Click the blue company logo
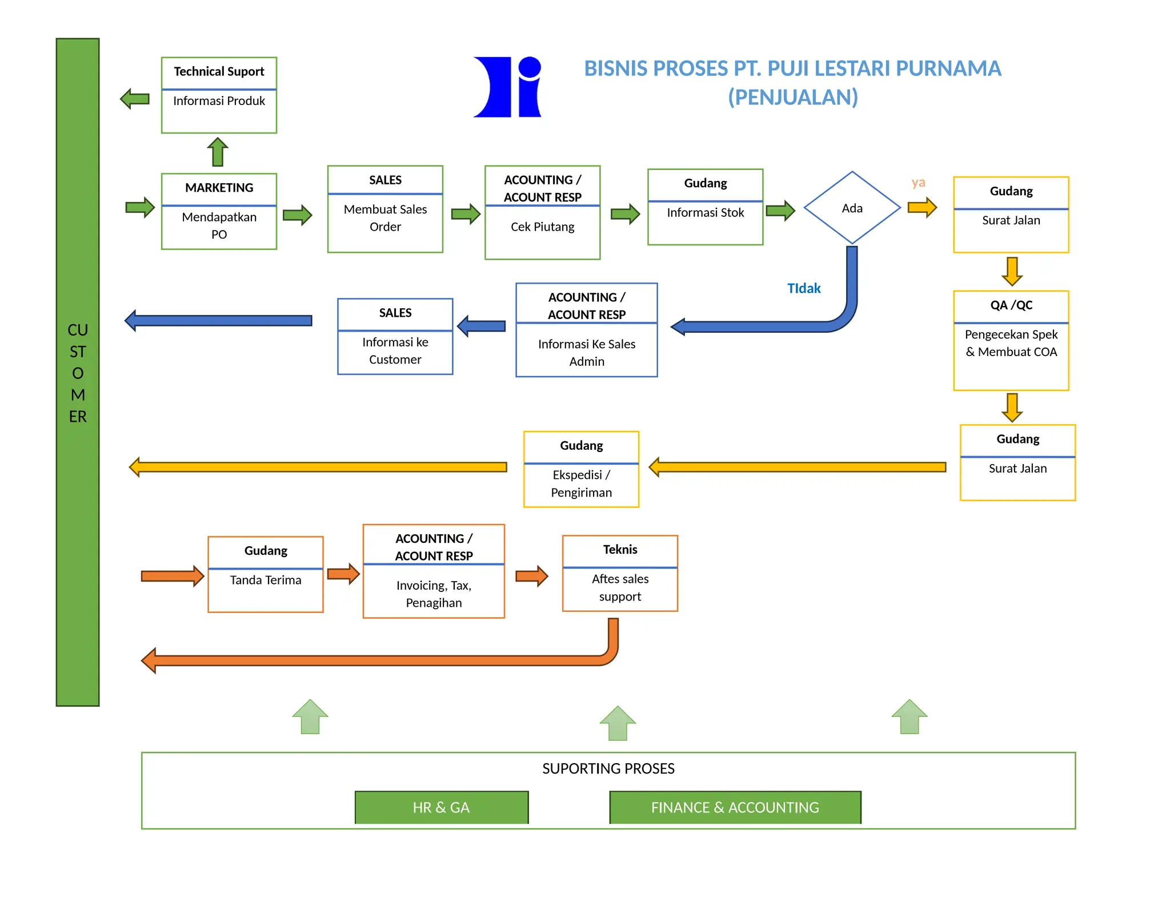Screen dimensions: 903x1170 (x=507, y=87)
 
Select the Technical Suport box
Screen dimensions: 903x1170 (x=219, y=95)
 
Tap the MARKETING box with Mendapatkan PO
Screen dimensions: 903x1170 (x=219, y=211)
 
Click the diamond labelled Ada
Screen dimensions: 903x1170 (x=852, y=208)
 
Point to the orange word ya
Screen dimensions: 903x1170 (x=918, y=183)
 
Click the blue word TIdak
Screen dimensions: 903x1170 (x=803, y=288)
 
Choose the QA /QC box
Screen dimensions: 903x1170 (x=1011, y=340)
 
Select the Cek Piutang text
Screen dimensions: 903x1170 (x=542, y=227)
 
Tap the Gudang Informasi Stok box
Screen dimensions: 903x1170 (x=705, y=207)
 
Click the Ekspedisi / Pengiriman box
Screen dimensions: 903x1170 (x=581, y=469)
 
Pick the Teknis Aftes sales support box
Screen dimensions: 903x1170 (x=620, y=573)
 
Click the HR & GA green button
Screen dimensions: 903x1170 (x=441, y=807)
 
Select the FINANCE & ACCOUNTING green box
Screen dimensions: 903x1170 (x=735, y=807)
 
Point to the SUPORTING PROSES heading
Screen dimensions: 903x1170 (x=608, y=768)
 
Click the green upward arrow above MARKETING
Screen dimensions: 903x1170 (x=218, y=152)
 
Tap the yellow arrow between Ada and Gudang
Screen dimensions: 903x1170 (x=922, y=207)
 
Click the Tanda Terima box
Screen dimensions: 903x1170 (x=266, y=574)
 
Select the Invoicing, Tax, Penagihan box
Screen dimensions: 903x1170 (x=434, y=571)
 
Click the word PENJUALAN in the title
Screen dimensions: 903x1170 (x=792, y=97)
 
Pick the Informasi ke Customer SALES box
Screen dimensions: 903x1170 (x=395, y=336)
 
